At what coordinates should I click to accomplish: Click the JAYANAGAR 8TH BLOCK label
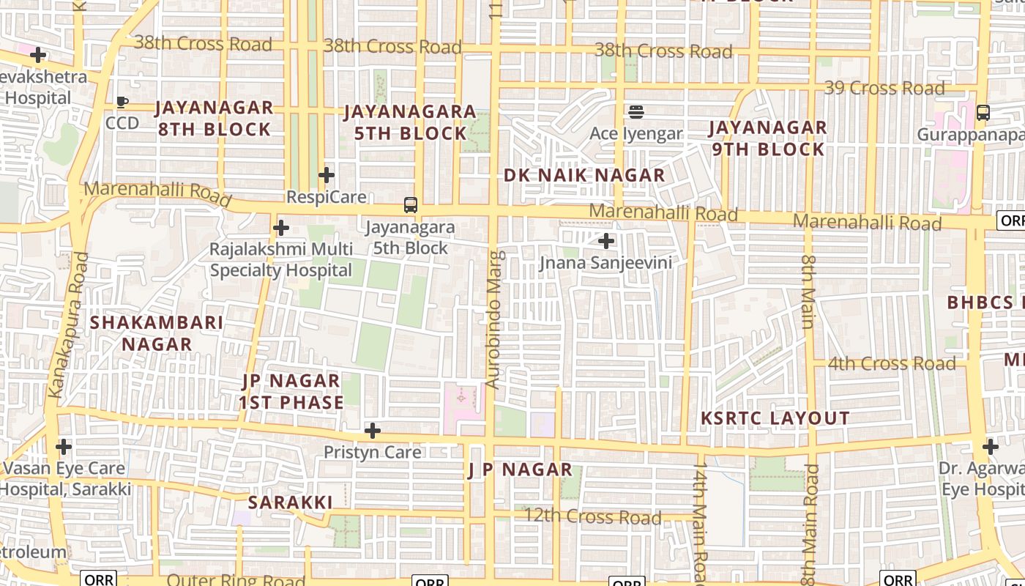tap(214, 119)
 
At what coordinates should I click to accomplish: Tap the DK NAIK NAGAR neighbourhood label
tap(584, 176)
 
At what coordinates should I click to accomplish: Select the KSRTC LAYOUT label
tap(775, 418)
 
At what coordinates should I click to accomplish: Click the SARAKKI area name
tap(290, 502)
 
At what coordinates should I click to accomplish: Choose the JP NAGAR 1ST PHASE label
tap(291, 392)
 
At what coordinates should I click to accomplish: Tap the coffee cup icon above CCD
tap(122, 102)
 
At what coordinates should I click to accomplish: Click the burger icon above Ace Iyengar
tap(635, 112)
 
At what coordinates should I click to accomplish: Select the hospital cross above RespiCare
tap(327, 175)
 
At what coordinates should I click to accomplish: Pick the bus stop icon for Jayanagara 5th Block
tap(411, 205)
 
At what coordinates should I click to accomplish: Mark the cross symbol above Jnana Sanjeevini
tap(606, 240)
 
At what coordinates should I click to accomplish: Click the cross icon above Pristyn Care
tap(373, 430)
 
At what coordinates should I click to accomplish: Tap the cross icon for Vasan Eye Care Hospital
tap(64, 446)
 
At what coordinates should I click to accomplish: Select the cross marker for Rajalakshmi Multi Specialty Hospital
tap(281, 228)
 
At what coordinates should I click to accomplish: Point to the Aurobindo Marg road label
tap(495, 319)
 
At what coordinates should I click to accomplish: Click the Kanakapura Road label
tap(68, 325)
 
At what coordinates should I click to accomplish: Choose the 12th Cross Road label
tap(592, 517)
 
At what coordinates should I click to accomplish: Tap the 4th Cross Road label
tap(892, 363)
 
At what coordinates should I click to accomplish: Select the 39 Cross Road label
tap(884, 89)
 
